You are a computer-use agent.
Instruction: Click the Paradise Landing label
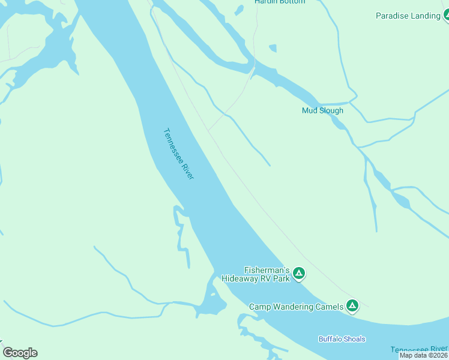pyautogui.click(x=408, y=16)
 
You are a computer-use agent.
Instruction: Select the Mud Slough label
pyautogui.click(x=322, y=110)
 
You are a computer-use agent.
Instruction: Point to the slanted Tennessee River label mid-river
pyautogui.click(x=179, y=154)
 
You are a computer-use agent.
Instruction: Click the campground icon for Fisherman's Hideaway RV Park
pyautogui.click(x=299, y=274)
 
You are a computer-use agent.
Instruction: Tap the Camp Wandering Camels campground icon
pyautogui.click(x=352, y=307)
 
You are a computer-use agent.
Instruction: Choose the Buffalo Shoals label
pyautogui.click(x=342, y=339)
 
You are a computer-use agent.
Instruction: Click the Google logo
pyautogui.click(x=20, y=353)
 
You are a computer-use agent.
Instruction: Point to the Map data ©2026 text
pyautogui.click(x=423, y=355)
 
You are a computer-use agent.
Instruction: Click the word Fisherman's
pyautogui.click(x=267, y=270)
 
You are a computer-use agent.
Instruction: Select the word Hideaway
pyautogui.click(x=241, y=278)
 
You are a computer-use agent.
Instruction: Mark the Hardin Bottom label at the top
pyautogui.click(x=280, y=2)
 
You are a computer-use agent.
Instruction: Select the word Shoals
pyautogui.click(x=354, y=339)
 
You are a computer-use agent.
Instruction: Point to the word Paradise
pyautogui.click(x=393, y=16)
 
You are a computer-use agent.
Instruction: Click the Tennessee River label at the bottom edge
pyautogui.click(x=419, y=349)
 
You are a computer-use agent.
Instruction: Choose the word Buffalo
pyautogui.click(x=330, y=339)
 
